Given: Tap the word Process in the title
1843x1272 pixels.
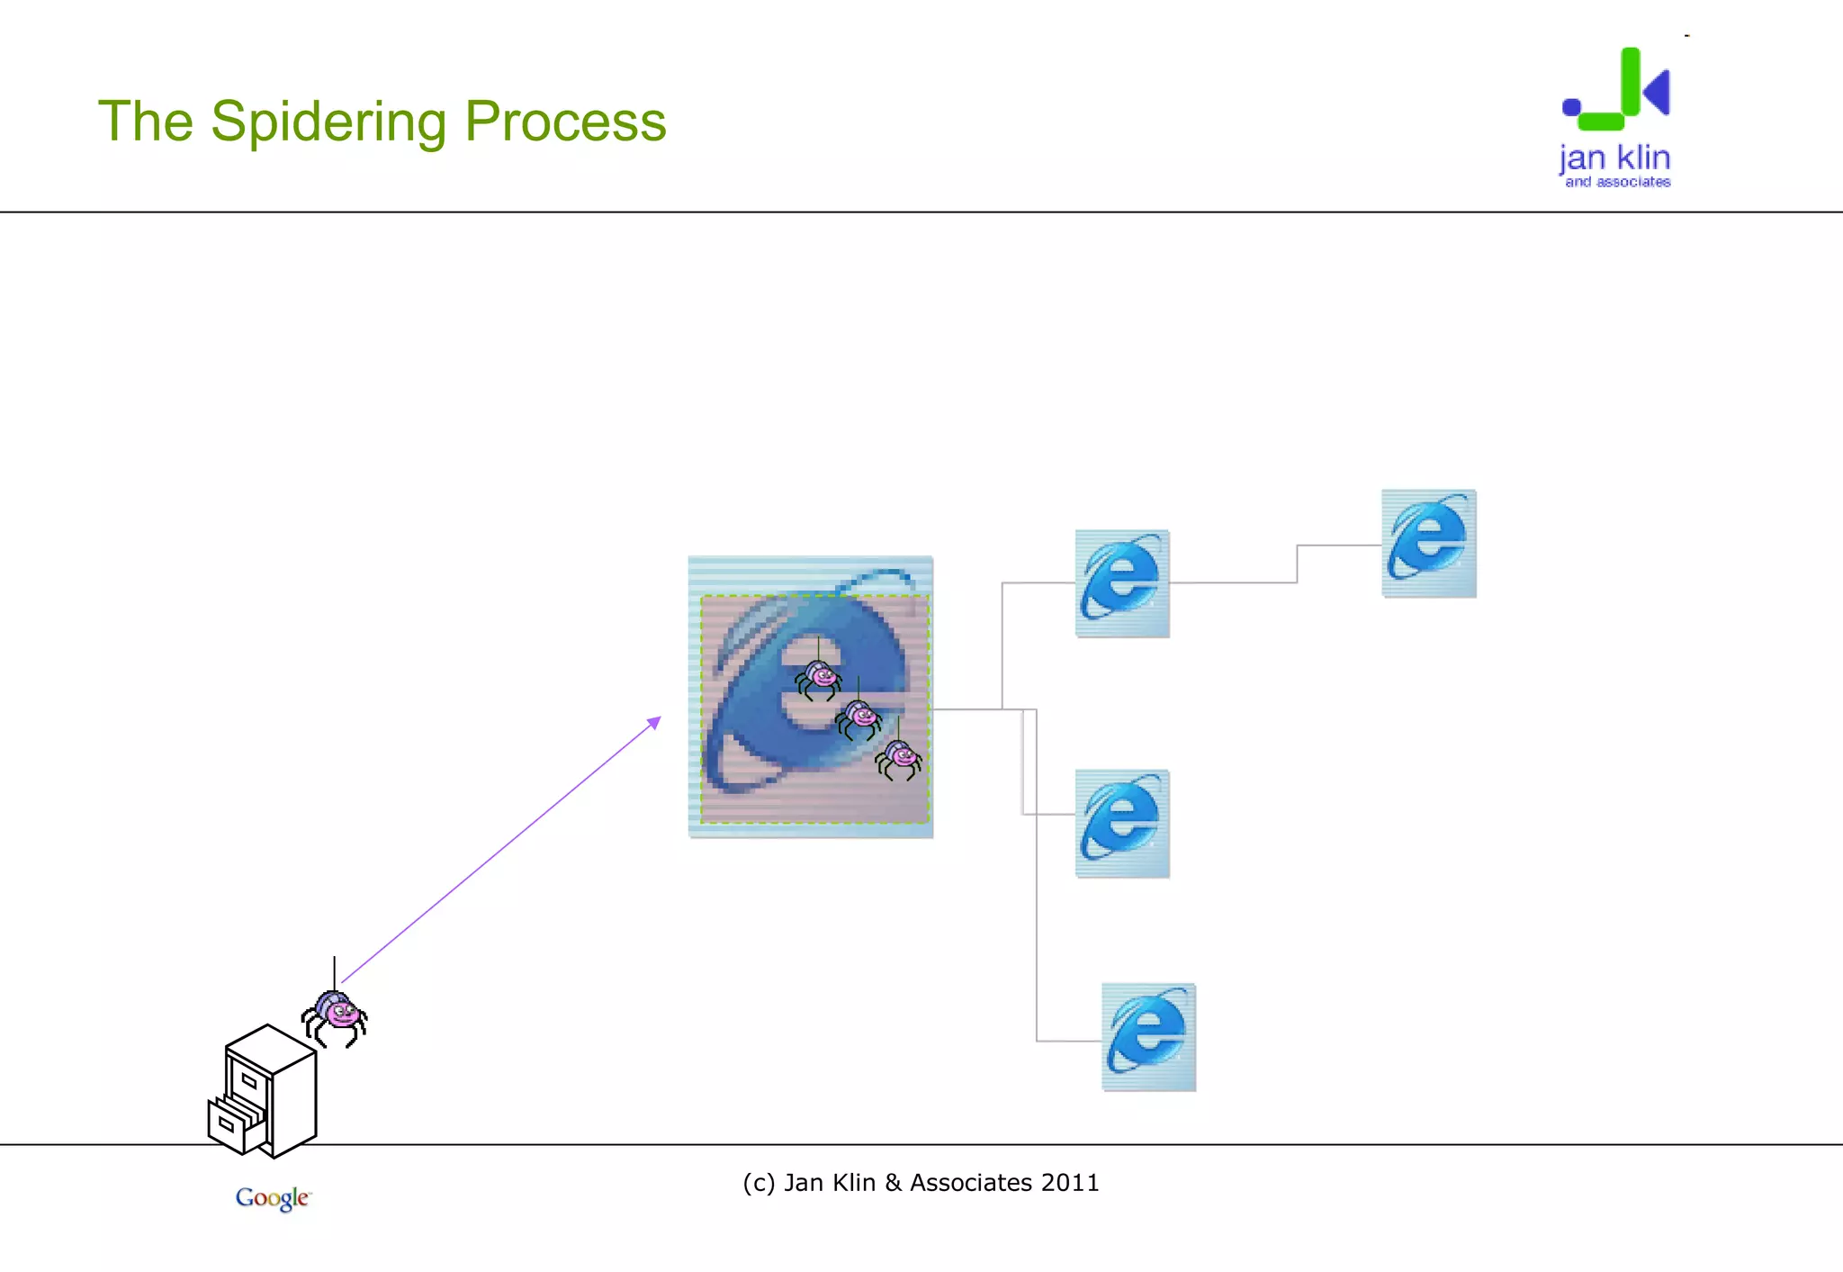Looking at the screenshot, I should click(x=565, y=122).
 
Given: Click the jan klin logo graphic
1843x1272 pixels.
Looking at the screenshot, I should click(x=1617, y=90).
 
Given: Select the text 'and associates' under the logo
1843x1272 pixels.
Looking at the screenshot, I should click(x=1617, y=182).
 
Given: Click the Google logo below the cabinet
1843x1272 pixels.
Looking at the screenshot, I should click(x=273, y=1197).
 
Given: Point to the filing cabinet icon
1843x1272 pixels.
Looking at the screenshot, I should click(x=266, y=1091).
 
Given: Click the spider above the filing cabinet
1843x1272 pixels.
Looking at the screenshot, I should click(x=335, y=1017).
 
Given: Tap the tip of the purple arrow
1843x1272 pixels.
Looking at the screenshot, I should click(x=659, y=718).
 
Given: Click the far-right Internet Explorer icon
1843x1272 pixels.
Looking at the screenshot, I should click(x=1429, y=543).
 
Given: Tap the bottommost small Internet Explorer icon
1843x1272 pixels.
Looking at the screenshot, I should click(x=1148, y=1037).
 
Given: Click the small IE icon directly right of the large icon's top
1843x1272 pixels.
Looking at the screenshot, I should click(x=1122, y=583).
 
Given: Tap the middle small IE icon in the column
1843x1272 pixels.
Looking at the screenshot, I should click(x=1122, y=823).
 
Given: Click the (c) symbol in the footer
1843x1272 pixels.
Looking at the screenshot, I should click(x=759, y=1183).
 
